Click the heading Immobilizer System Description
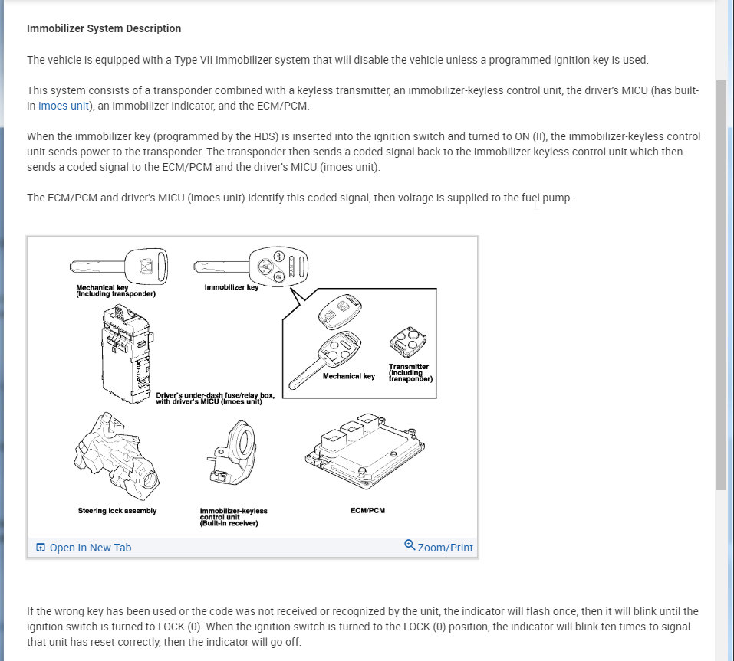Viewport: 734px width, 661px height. click(x=104, y=28)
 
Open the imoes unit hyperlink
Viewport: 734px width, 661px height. click(x=64, y=106)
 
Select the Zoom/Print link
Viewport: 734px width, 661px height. click(x=445, y=548)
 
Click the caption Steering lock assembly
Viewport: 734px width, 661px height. click(x=117, y=511)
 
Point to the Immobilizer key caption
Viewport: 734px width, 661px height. click(x=231, y=288)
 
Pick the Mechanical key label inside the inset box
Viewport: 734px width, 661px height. click(x=348, y=376)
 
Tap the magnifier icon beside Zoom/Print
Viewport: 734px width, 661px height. click(x=410, y=546)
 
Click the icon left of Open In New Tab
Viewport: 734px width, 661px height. click(x=41, y=548)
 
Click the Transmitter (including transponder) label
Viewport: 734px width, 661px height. click(x=410, y=373)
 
